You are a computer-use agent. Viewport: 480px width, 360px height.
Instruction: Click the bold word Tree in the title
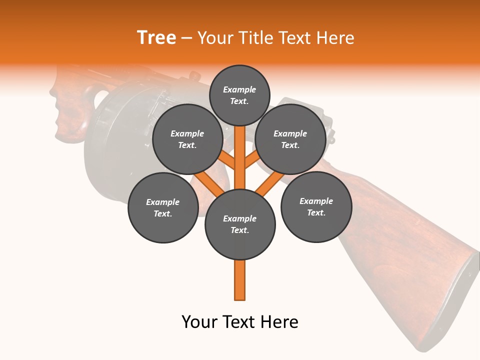click(x=156, y=37)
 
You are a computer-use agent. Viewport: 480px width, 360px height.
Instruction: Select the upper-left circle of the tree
click(x=187, y=139)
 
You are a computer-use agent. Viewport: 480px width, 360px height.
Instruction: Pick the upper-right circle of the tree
click(x=290, y=139)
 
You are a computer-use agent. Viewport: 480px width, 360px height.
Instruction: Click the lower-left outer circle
click(x=163, y=207)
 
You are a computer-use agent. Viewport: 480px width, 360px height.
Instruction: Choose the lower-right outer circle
click(x=316, y=206)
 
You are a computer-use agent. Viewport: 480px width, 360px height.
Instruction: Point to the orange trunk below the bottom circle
click(x=240, y=280)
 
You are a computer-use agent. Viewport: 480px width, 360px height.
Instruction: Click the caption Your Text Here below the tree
click(x=240, y=322)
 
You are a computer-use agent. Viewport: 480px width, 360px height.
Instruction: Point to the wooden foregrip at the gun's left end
click(x=70, y=110)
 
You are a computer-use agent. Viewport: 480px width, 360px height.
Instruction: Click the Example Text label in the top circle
click(x=239, y=95)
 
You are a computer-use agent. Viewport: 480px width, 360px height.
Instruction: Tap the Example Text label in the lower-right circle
click(x=316, y=206)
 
